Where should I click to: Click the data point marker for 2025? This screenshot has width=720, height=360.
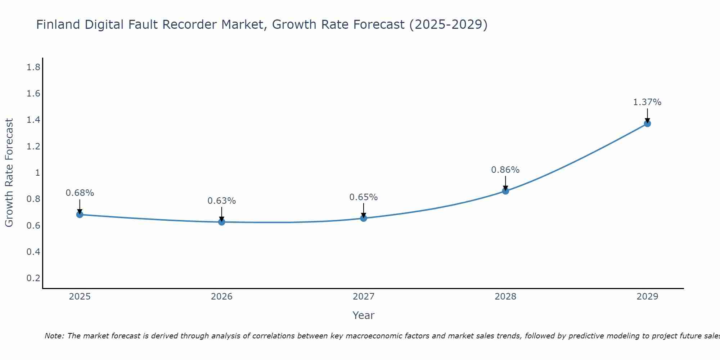(80, 215)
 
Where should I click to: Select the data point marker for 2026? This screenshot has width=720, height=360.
(222, 222)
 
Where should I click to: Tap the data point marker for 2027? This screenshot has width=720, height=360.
(364, 218)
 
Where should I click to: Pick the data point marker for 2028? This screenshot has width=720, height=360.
(505, 191)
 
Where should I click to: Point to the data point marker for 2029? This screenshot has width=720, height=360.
(647, 123)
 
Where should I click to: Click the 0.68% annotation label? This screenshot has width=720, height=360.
(80, 193)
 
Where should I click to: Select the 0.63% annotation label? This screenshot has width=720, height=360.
(222, 201)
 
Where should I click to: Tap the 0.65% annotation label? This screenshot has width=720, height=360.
(364, 197)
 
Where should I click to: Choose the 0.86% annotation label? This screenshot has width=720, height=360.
(505, 170)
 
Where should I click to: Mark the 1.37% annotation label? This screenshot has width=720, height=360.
(647, 102)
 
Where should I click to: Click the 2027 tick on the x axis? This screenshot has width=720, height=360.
(364, 297)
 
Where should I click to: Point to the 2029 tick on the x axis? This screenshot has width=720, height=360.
(647, 297)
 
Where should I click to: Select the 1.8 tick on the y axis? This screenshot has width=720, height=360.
(33, 67)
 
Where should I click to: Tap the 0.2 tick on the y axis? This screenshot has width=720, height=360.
(33, 278)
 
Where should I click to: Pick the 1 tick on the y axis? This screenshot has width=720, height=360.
(37, 173)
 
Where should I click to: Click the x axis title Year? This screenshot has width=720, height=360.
(364, 315)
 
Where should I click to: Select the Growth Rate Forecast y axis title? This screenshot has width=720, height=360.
(9, 173)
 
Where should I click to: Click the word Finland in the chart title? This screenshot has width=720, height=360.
(58, 24)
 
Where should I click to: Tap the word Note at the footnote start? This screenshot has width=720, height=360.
(54, 336)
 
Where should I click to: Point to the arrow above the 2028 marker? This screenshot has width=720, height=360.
(505, 183)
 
